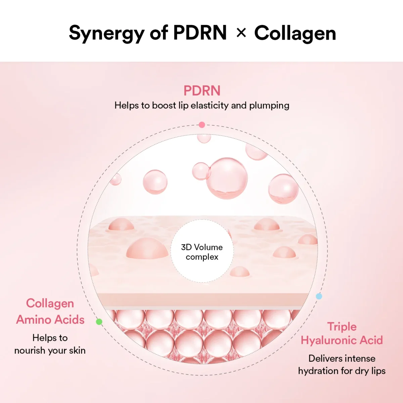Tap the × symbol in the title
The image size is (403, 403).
[241, 33]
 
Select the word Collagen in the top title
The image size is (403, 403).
[295, 33]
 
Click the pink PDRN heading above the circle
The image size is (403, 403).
[202, 91]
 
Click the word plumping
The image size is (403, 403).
[269, 106]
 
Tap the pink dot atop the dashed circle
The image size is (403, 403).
[202, 125]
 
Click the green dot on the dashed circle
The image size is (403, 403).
[99, 322]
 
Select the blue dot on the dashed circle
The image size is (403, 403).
[319, 296]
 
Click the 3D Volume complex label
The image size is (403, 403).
[202, 252]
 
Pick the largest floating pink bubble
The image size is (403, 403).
[227, 178]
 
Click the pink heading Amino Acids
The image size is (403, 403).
[50, 320]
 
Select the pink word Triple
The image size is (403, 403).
[342, 326]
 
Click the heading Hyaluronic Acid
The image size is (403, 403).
[342, 341]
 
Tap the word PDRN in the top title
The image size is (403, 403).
[200, 33]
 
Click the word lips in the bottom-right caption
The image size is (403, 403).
[378, 371]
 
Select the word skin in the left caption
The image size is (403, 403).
[77, 351]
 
